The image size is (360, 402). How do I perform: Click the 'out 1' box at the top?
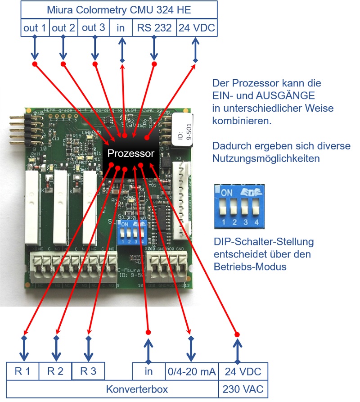click(35, 27)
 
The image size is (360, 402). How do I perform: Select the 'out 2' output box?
click(63, 27)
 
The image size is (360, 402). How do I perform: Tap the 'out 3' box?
click(94, 27)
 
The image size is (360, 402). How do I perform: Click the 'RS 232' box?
click(154, 27)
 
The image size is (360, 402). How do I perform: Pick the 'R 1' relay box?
click(22, 371)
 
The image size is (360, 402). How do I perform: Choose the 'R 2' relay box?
click(55, 371)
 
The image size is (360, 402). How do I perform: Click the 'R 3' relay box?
click(88, 371)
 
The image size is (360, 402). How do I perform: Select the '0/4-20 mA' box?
click(192, 371)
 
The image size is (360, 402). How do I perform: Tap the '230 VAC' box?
click(243, 389)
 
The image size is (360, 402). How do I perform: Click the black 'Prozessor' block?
click(130, 154)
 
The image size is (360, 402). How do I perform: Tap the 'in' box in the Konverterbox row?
click(148, 371)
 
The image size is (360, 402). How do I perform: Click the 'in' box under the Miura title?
click(121, 27)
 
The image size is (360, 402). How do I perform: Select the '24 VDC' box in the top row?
click(196, 27)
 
